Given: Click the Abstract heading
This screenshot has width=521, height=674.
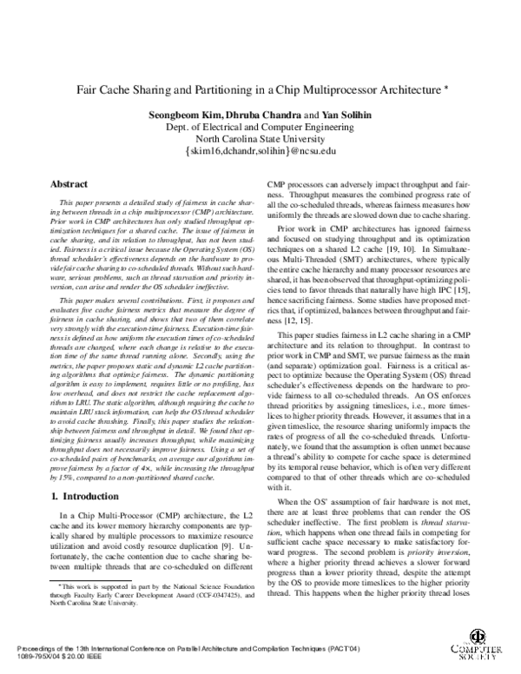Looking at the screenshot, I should (x=68, y=184).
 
